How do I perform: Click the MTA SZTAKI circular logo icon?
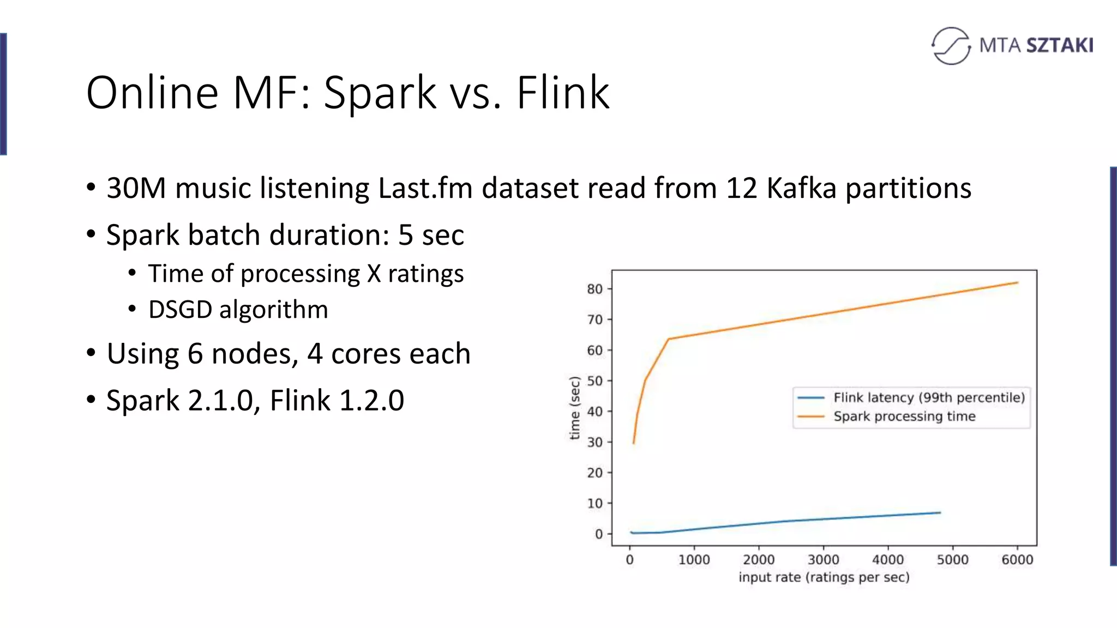tap(951, 46)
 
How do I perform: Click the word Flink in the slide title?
tap(562, 93)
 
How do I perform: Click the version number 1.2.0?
tap(371, 401)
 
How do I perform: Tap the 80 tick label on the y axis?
tap(594, 289)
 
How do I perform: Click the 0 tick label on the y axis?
tap(599, 534)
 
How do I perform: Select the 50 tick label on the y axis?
tap(594, 381)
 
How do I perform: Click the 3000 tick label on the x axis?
tap(823, 560)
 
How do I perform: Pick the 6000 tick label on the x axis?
tap(1017, 560)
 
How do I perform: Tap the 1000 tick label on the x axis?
tap(694, 560)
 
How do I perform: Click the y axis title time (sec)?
tap(574, 408)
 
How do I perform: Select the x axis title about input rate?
tap(824, 577)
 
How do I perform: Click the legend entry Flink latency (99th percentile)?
tap(929, 398)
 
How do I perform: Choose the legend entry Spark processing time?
tap(904, 416)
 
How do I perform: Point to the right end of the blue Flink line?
tap(940, 512)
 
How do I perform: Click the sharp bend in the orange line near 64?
tap(669, 339)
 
